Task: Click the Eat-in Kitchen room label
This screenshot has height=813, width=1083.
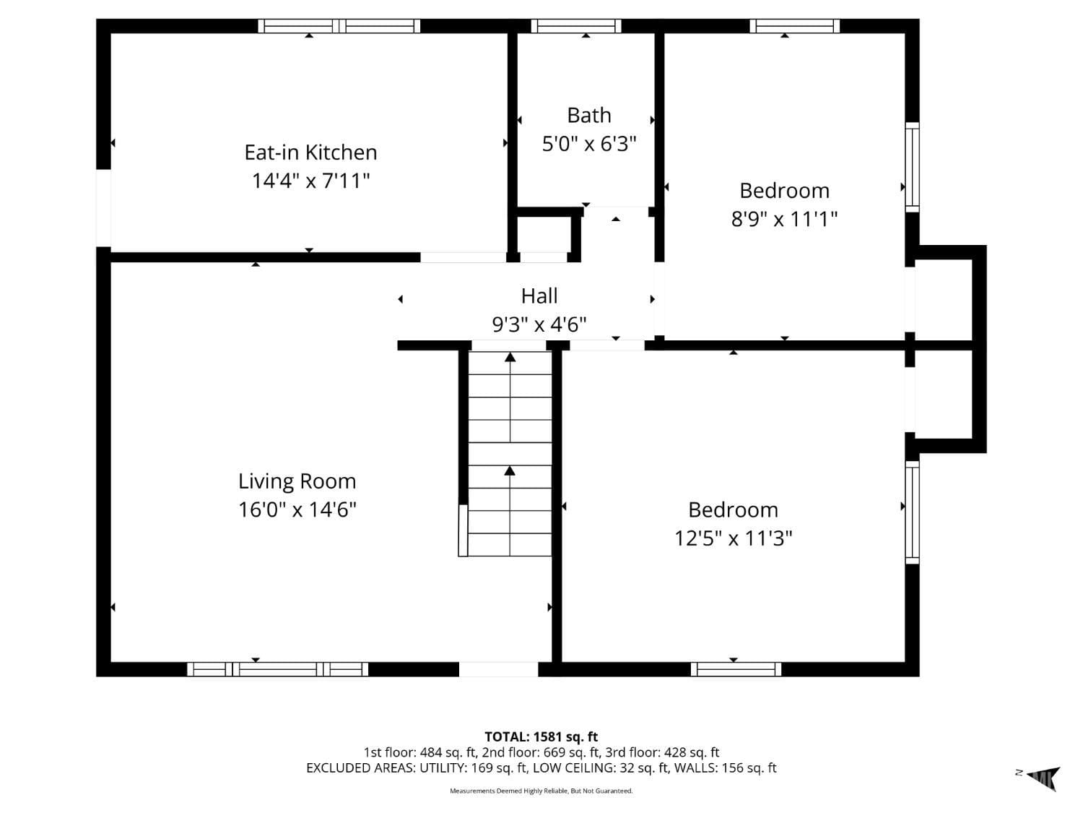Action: click(x=310, y=152)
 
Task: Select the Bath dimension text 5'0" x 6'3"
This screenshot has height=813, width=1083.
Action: click(x=589, y=144)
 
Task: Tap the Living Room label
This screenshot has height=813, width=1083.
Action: click(x=297, y=481)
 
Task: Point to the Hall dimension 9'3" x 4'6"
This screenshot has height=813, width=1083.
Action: click(x=539, y=324)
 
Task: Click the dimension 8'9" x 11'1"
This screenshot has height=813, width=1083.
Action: click(x=784, y=218)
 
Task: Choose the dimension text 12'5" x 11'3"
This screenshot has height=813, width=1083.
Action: click(x=733, y=538)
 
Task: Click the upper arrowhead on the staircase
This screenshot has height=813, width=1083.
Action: click(x=510, y=357)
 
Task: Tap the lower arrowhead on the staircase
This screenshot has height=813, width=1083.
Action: click(x=510, y=471)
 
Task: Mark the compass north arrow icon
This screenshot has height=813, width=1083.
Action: click(x=1044, y=778)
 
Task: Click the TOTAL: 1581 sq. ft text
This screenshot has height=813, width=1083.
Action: click(x=541, y=737)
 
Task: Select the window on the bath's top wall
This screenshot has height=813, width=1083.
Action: click(x=575, y=26)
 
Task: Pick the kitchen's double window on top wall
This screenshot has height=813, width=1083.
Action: click(x=339, y=26)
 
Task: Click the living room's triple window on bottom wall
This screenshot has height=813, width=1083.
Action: click(x=278, y=669)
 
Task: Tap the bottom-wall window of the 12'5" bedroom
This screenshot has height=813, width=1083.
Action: click(x=736, y=669)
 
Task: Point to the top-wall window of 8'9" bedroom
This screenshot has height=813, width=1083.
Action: click(x=794, y=26)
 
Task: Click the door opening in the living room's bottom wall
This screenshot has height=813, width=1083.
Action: click(x=498, y=669)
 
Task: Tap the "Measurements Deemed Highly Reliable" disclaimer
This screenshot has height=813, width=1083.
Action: click(x=541, y=791)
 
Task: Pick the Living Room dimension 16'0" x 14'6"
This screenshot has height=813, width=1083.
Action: click(x=297, y=510)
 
